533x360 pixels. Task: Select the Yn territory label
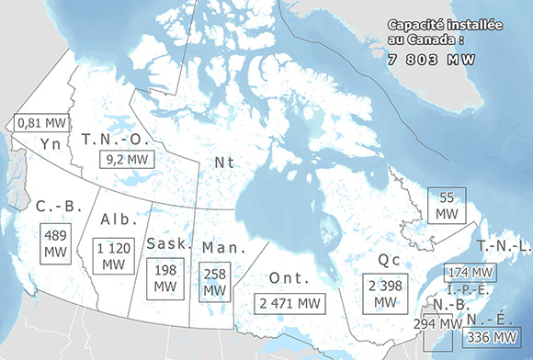51,143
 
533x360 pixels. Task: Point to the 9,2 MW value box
129,159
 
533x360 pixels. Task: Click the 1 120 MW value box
114,254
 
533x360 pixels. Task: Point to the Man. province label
221,248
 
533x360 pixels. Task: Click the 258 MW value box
215,280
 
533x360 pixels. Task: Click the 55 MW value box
448,205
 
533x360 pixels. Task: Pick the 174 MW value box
470,273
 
